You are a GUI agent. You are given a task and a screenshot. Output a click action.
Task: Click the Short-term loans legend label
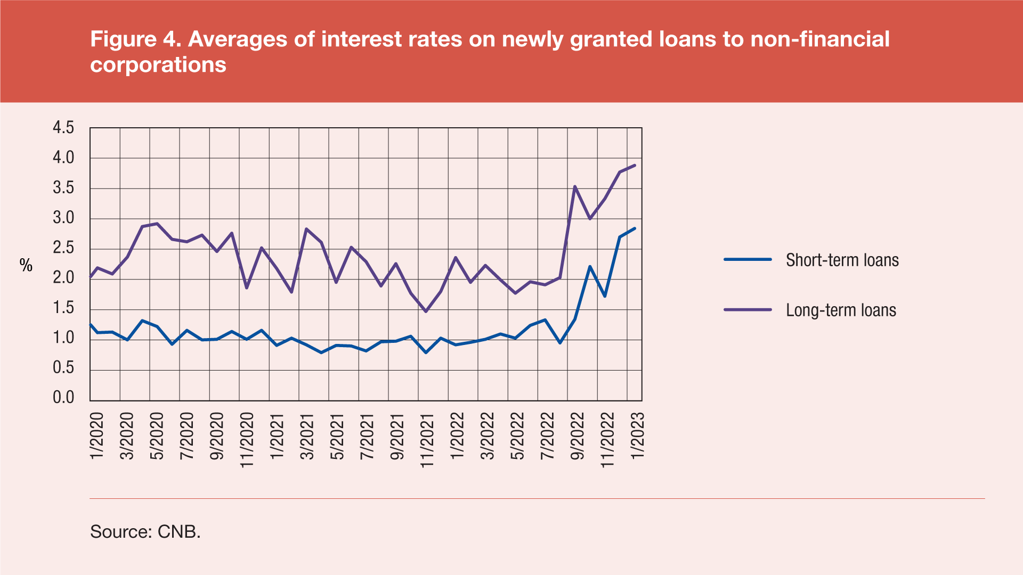842,260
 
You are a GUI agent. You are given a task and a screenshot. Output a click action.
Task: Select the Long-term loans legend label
841,310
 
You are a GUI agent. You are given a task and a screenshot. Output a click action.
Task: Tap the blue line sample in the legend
748,259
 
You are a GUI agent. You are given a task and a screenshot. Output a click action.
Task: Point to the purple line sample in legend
748,309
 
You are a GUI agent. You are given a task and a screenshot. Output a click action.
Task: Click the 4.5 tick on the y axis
63,128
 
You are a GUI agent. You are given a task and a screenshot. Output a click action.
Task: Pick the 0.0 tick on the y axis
63,398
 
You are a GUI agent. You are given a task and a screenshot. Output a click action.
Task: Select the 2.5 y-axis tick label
63,248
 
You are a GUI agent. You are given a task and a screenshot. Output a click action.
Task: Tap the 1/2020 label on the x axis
97,436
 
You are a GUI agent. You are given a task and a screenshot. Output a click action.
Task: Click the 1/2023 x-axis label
638,436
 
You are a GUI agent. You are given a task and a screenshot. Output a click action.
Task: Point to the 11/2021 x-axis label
427,440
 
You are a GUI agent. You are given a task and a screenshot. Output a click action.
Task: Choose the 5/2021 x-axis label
337,436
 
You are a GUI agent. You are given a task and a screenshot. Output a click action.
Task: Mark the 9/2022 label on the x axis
578,436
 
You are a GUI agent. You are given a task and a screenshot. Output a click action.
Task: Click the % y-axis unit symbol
26,265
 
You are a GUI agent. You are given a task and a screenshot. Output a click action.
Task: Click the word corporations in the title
158,65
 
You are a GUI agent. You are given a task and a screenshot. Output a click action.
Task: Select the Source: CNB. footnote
145,531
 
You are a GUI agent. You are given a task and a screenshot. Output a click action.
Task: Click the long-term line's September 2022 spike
575,186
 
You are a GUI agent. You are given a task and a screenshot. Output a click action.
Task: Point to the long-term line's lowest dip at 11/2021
426,311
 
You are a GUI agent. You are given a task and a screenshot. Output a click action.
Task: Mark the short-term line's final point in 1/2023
635,228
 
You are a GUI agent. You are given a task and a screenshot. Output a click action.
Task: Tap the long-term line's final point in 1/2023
635,166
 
